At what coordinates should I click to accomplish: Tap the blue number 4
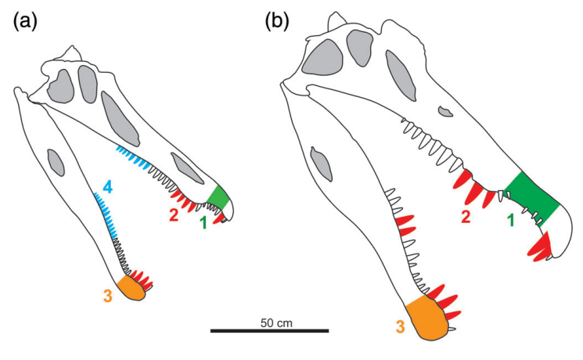click(108, 188)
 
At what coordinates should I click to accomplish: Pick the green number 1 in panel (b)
click(512, 221)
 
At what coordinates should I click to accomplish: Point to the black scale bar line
click(269, 331)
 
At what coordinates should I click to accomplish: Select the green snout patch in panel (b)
click(532, 196)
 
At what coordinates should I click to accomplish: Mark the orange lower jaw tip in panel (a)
click(131, 289)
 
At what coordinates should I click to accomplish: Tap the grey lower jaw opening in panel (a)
click(55, 163)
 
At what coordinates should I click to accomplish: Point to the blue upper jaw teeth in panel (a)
click(133, 157)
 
